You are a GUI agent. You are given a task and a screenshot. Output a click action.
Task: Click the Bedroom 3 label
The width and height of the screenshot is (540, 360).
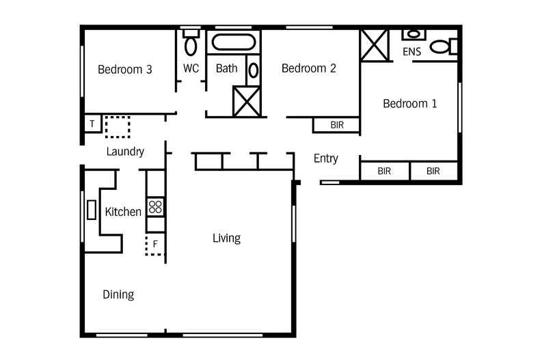(x=124, y=70)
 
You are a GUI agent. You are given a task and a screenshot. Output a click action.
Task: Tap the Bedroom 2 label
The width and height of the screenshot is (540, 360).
(x=308, y=68)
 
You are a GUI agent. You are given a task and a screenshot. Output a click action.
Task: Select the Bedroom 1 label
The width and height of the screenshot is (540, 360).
(x=410, y=103)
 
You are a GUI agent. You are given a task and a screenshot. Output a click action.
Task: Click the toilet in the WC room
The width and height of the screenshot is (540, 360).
(x=191, y=42)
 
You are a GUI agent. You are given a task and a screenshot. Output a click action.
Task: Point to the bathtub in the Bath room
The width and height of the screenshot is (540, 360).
(x=234, y=42)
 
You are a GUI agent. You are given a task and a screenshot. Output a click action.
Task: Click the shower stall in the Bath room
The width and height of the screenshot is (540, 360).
(x=247, y=101)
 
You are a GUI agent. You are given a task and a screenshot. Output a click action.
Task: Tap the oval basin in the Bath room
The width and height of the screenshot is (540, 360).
(x=254, y=70)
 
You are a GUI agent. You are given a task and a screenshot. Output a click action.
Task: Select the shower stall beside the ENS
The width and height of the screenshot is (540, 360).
(x=375, y=46)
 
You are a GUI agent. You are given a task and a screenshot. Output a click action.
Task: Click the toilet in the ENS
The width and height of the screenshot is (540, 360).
(x=444, y=46)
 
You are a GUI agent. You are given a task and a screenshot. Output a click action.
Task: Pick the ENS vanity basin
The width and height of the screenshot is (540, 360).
(x=414, y=34)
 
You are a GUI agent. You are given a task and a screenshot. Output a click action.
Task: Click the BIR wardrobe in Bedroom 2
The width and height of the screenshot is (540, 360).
(x=336, y=125)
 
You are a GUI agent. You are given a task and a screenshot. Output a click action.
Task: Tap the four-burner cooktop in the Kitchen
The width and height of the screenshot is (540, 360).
(x=155, y=207)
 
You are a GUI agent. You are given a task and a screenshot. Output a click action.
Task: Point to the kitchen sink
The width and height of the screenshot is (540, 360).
(x=92, y=210)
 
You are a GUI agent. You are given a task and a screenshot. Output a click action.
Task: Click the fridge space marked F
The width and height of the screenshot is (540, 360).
(x=154, y=244)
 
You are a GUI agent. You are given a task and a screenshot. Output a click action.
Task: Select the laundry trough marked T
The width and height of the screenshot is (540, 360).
(x=92, y=124)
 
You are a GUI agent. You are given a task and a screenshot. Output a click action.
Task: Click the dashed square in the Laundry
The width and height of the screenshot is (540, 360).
(x=118, y=127)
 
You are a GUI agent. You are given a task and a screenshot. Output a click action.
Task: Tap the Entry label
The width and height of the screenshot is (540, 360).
(x=326, y=158)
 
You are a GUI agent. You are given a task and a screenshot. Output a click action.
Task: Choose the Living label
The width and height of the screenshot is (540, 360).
(x=226, y=238)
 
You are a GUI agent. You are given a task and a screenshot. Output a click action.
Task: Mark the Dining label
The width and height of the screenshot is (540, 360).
(x=118, y=294)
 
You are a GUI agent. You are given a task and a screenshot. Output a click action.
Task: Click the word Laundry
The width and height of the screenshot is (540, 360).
(x=125, y=152)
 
